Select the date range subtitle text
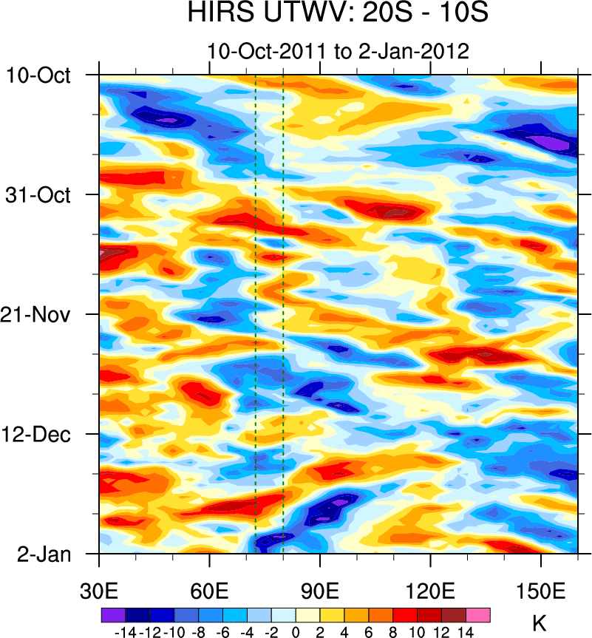click(x=338, y=52)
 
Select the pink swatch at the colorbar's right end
click(x=478, y=614)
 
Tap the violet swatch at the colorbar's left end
click(x=113, y=614)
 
